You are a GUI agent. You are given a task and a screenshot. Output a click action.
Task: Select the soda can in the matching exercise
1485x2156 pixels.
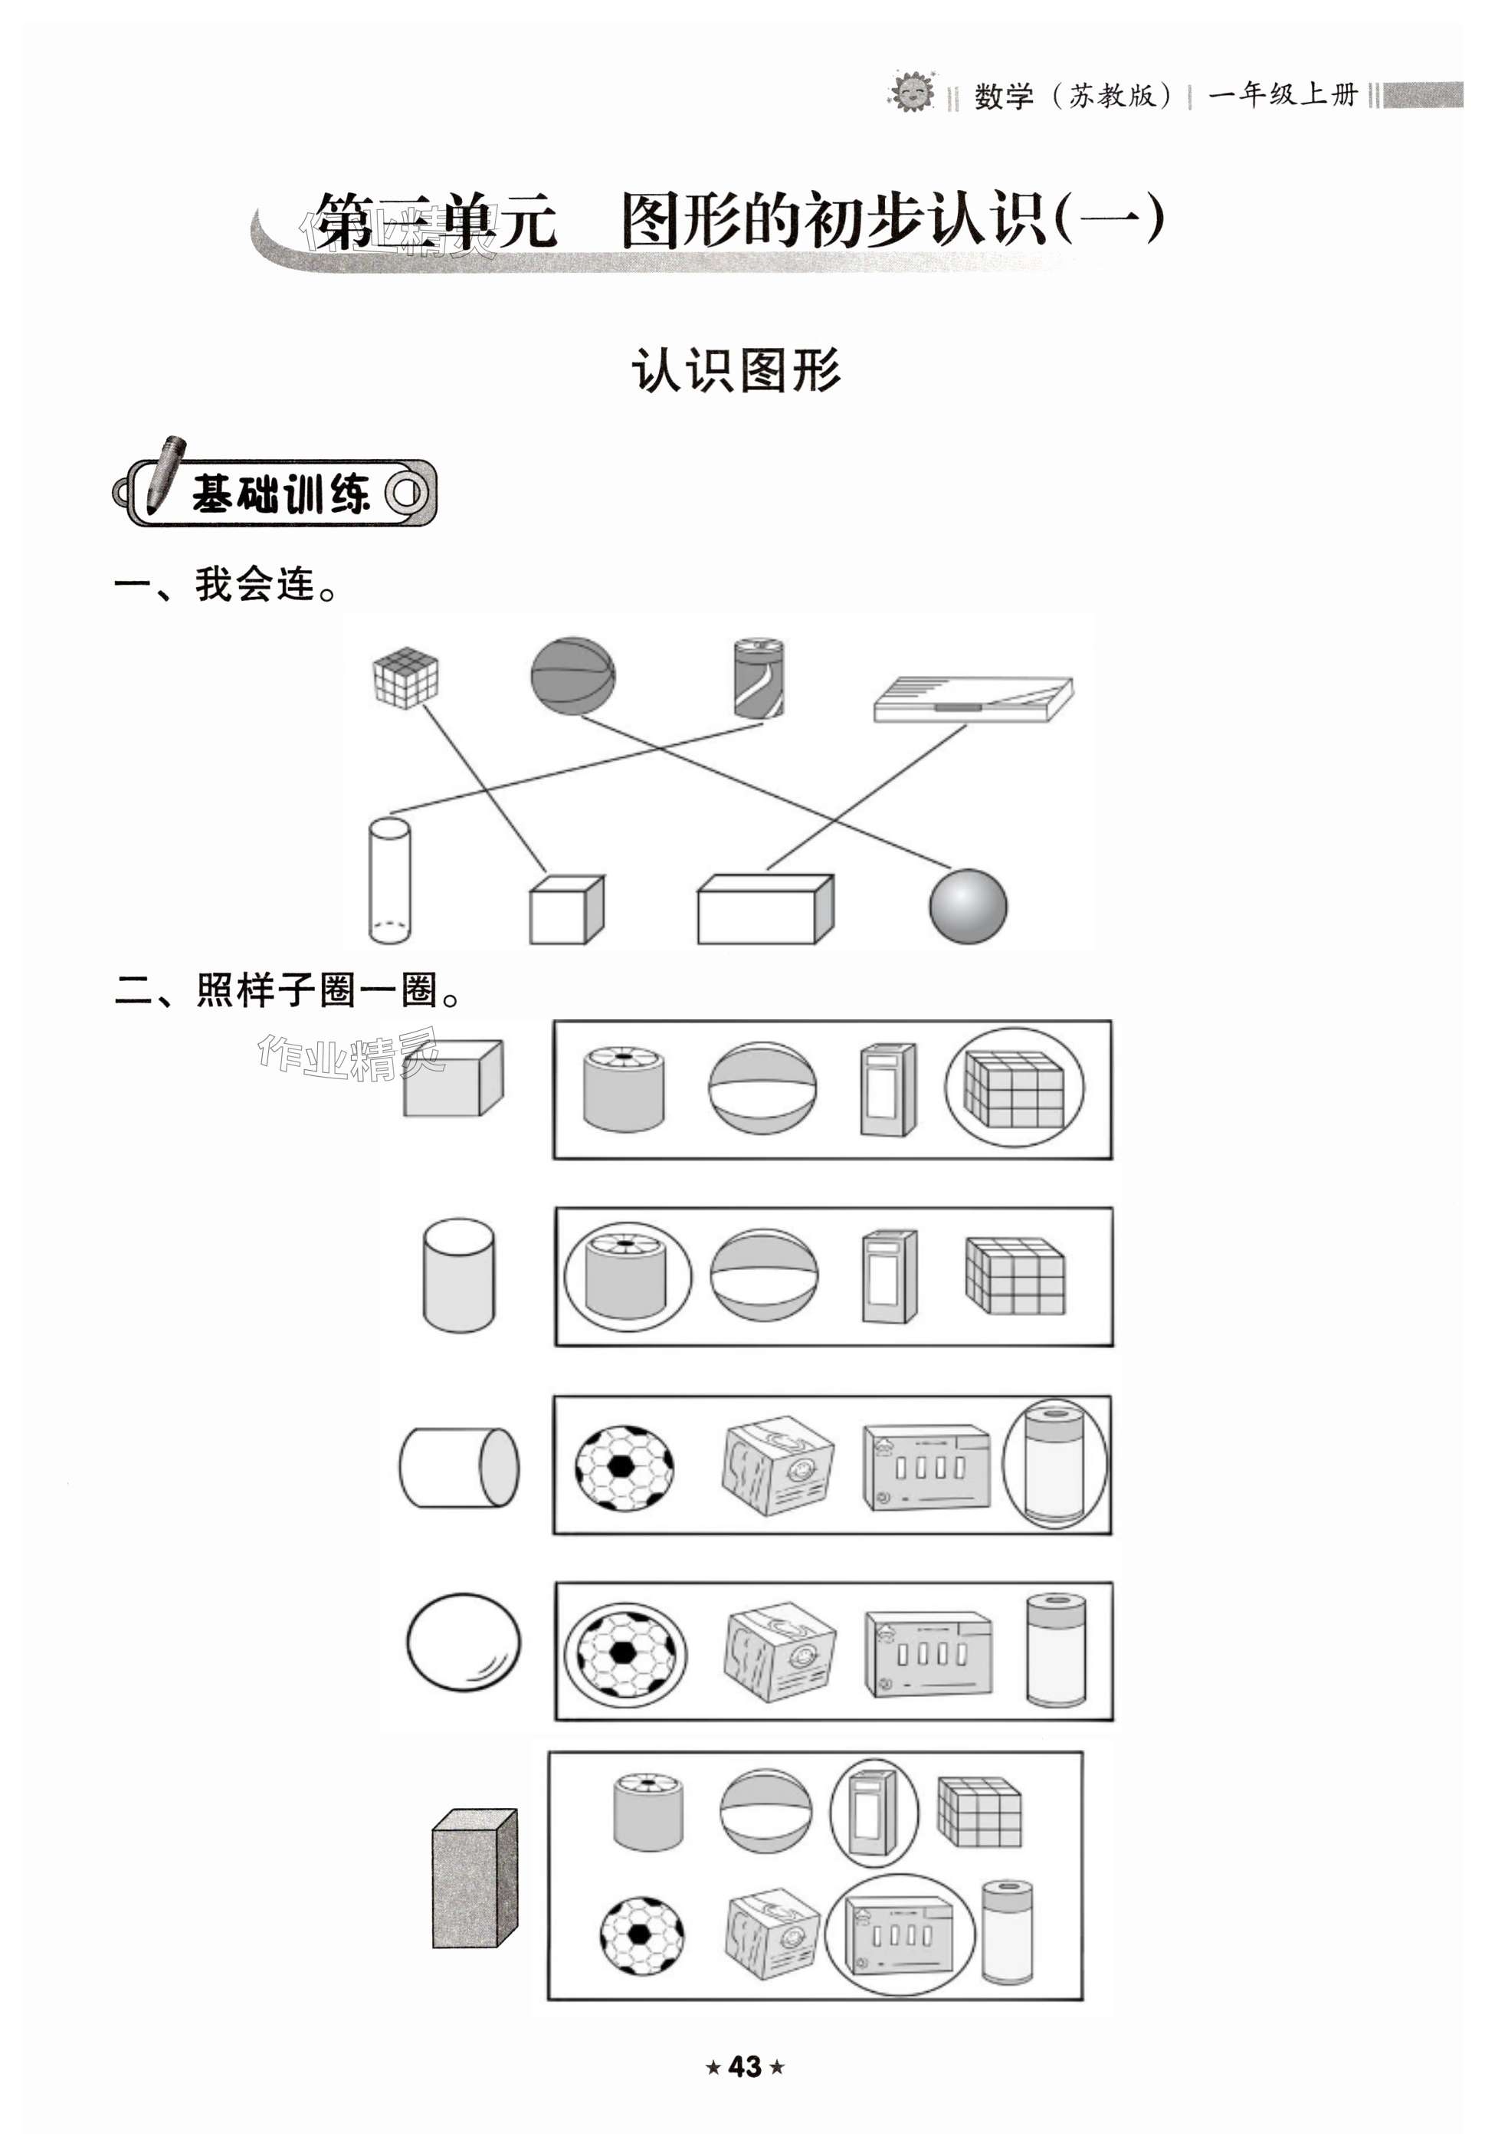(759, 678)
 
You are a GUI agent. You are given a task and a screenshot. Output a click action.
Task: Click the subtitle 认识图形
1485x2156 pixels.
(735, 369)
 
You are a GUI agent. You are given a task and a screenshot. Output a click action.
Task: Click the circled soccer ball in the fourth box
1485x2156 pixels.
(625, 1653)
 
